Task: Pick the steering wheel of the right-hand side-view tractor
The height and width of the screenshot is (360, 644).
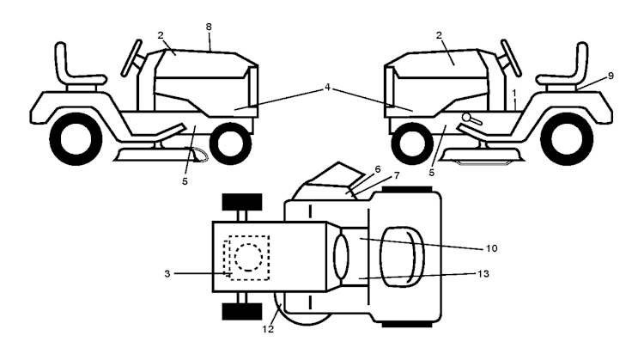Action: tap(509, 57)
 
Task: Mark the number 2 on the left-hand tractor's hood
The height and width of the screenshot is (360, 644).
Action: tap(160, 37)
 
